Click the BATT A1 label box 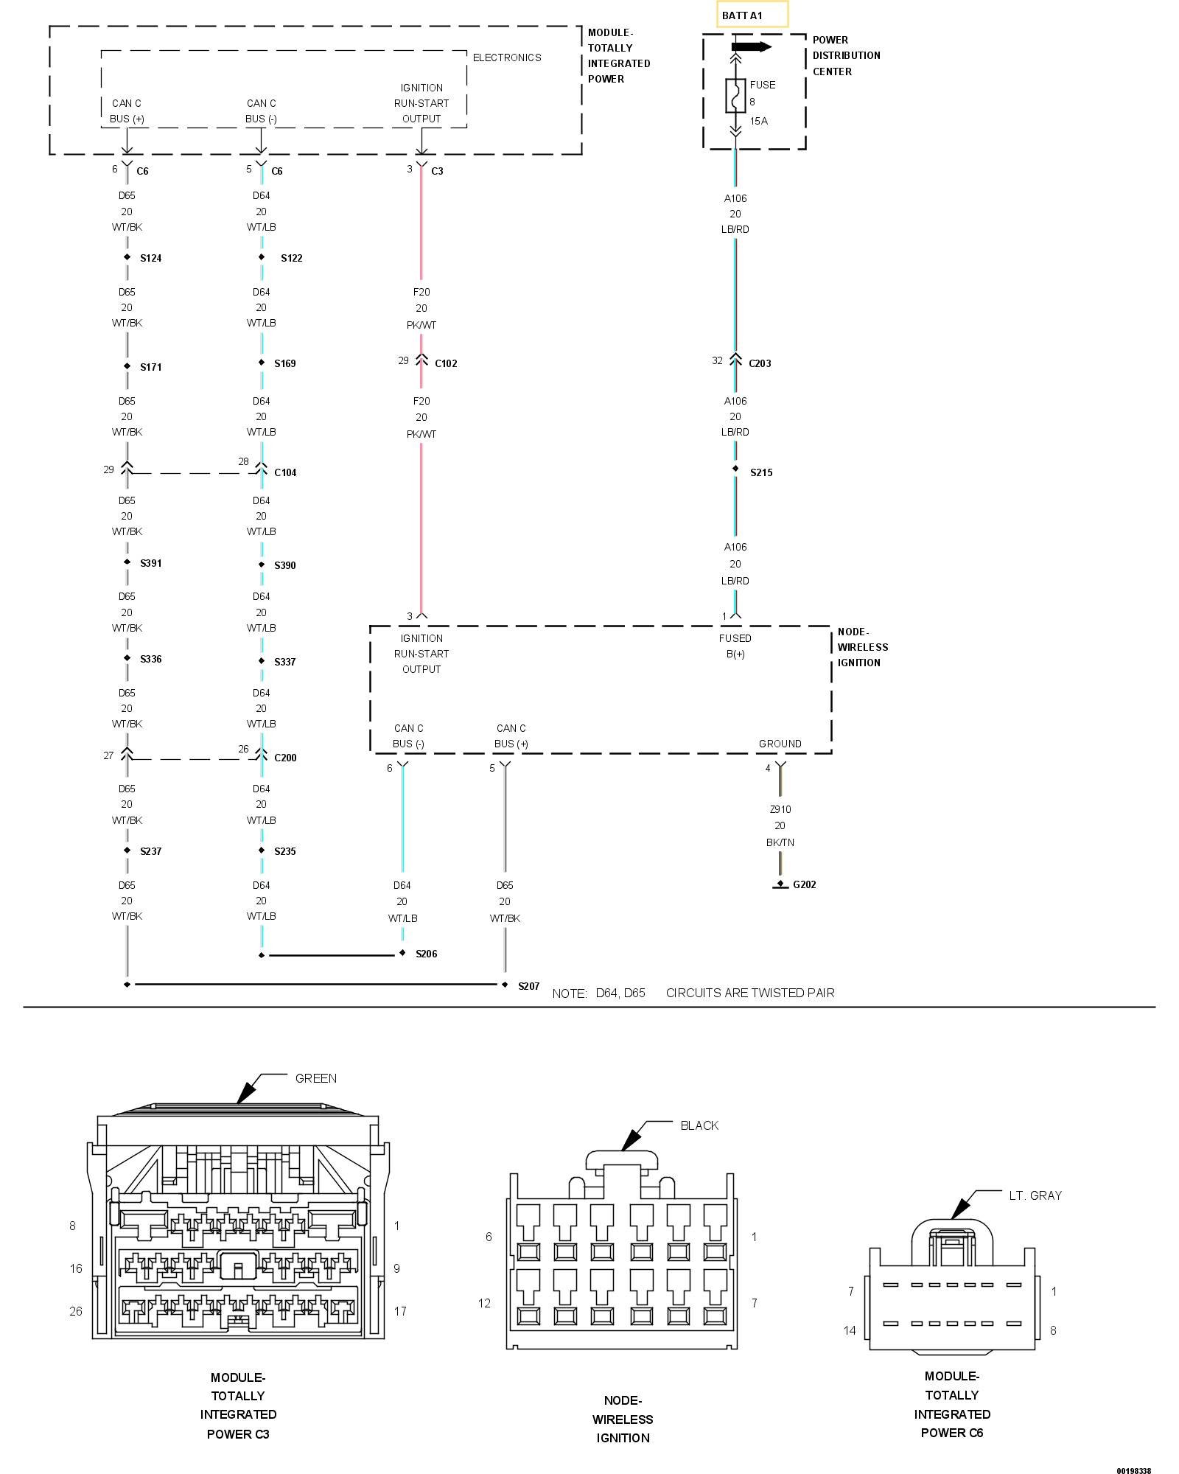pyautogui.click(x=752, y=15)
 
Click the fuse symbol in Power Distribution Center pyautogui.click(x=735, y=95)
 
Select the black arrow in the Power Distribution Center pyautogui.click(x=751, y=47)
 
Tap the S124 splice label pyautogui.click(x=151, y=258)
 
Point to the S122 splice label pyautogui.click(x=292, y=258)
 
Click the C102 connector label pyautogui.click(x=446, y=363)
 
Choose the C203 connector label pyautogui.click(x=760, y=363)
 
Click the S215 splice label pyautogui.click(x=761, y=472)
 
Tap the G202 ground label pyautogui.click(x=804, y=884)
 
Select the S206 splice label pyautogui.click(x=426, y=954)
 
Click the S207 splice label pyautogui.click(x=528, y=986)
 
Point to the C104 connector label pyautogui.click(x=285, y=472)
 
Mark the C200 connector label pyautogui.click(x=285, y=758)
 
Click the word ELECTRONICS pyautogui.click(x=507, y=57)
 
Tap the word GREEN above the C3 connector pyautogui.click(x=316, y=1078)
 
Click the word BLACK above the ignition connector pyautogui.click(x=699, y=1125)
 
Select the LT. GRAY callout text pyautogui.click(x=1035, y=1195)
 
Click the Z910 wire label pyautogui.click(x=780, y=809)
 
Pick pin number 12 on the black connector pyautogui.click(x=484, y=1303)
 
